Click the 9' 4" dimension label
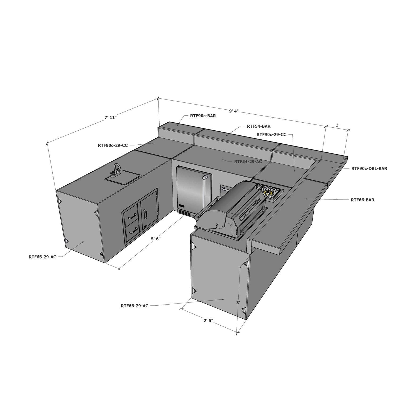(x=234, y=111)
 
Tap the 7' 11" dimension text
(x=111, y=117)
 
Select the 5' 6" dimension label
(x=156, y=239)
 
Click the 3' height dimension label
(x=238, y=302)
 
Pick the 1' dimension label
(x=338, y=125)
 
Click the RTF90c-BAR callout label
(x=203, y=116)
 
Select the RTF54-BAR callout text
(x=259, y=126)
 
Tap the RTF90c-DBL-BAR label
(x=369, y=168)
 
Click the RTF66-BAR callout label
(x=362, y=200)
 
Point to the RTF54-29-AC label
(x=248, y=161)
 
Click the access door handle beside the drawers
(x=145, y=214)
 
